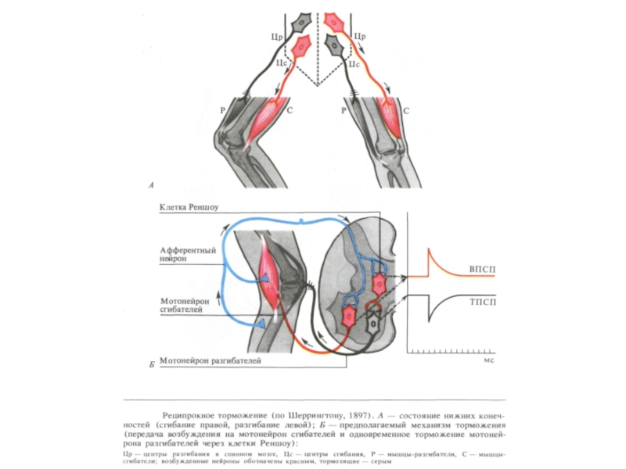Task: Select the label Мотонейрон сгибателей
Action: (x=182, y=305)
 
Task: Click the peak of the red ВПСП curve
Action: (x=428, y=250)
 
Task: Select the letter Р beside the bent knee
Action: (x=222, y=111)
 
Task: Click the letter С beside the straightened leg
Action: (x=405, y=111)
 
